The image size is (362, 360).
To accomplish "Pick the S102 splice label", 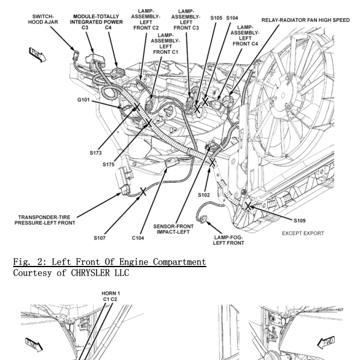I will [204, 195].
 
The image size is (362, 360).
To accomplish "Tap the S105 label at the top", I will [215, 18].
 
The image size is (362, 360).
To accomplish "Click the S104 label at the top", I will [232, 18].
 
